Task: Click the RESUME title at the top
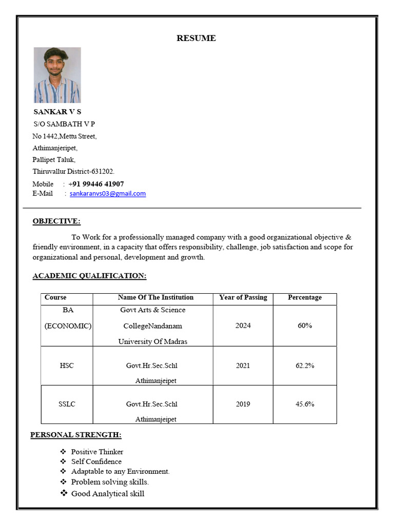tap(196, 38)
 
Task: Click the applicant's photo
tap(57, 75)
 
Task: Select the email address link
tap(108, 193)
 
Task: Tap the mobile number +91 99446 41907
tap(96, 184)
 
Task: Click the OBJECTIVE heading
tap(56, 221)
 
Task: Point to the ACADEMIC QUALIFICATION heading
tap(89, 275)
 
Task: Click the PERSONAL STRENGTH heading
tap(76, 435)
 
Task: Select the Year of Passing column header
tap(243, 297)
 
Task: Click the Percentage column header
tap(305, 297)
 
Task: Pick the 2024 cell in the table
tap(243, 326)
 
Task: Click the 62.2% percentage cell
tap(305, 366)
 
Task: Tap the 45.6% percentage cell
tap(305, 404)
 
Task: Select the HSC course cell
tap(67, 366)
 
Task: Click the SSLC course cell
tap(67, 404)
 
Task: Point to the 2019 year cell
tap(243, 404)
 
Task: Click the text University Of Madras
tap(152, 341)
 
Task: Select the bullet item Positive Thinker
tap(97, 452)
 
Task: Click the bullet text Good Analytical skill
tap(108, 493)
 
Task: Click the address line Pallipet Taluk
tap(54, 159)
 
